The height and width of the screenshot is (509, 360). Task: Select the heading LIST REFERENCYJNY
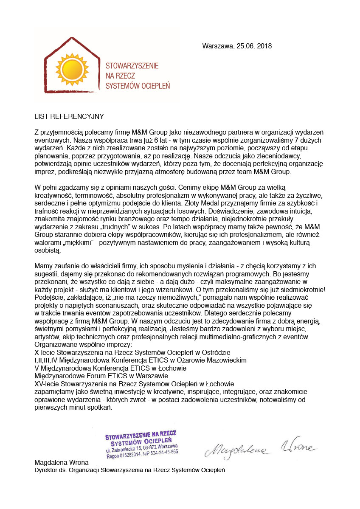[69, 115]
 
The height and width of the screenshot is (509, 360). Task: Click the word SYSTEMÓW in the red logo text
[123, 85]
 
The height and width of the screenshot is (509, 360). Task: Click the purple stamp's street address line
[142, 447]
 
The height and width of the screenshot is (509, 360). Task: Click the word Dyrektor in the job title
[45, 470]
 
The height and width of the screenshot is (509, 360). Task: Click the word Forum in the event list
[86, 376]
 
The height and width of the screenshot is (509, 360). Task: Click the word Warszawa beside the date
[217, 46]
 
